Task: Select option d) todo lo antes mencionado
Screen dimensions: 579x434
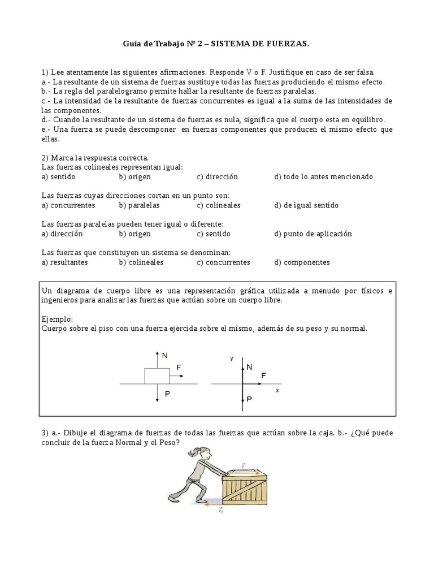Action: pyautogui.click(x=323, y=176)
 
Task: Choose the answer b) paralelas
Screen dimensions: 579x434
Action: pyautogui.click(x=139, y=205)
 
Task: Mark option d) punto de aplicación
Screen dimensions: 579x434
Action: pyautogui.click(x=321, y=234)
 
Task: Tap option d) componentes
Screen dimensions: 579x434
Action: pyautogui.click(x=302, y=262)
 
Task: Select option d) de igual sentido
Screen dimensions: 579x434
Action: pyautogui.click(x=306, y=205)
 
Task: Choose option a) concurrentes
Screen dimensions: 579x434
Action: pyautogui.click(x=68, y=205)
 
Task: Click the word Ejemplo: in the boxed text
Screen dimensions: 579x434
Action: pyautogui.click(x=58, y=319)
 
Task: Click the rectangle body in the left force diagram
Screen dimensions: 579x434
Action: pyautogui.click(x=157, y=375)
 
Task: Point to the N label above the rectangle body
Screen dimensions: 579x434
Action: pyautogui.click(x=164, y=356)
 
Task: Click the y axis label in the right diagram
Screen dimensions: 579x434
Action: pyautogui.click(x=232, y=359)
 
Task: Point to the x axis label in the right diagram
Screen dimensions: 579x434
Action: pyautogui.click(x=277, y=390)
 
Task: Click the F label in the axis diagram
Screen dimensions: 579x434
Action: pyautogui.click(x=263, y=375)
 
